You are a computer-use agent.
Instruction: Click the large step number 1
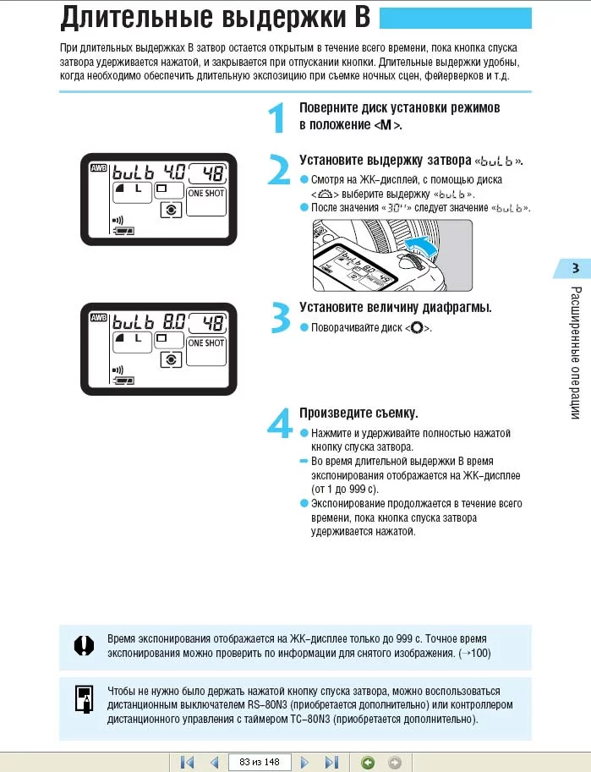[x=276, y=118]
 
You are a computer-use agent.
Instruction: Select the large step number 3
[x=279, y=317]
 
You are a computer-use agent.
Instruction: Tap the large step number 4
[x=280, y=422]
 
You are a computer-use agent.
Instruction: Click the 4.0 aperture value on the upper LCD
[x=174, y=172]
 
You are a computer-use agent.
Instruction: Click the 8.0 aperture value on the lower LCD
[x=174, y=322]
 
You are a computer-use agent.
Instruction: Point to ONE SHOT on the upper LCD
[x=206, y=193]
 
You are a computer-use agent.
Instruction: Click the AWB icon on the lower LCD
[x=98, y=318]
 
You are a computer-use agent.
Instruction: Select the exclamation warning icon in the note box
[x=82, y=645]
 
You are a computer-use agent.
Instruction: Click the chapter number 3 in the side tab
[x=575, y=269]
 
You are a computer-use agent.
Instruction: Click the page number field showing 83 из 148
[x=259, y=762]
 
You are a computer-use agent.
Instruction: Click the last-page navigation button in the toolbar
[x=331, y=762]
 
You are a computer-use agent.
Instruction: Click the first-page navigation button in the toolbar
[x=188, y=762]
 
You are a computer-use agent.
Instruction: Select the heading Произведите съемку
[x=359, y=413]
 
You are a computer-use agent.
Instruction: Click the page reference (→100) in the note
[x=473, y=654]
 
